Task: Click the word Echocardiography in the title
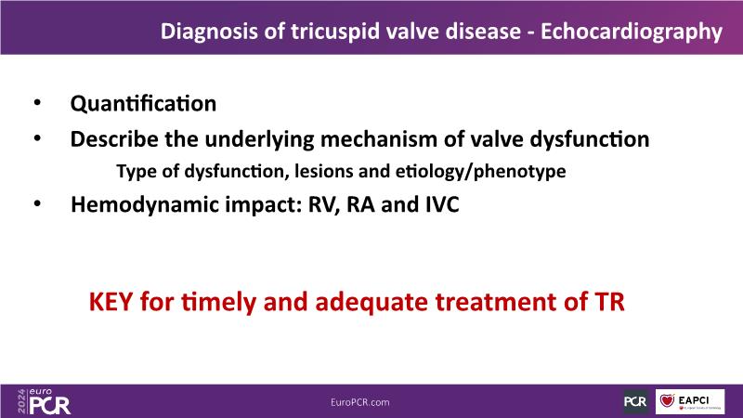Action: point(632,33)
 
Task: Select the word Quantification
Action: point(143,104)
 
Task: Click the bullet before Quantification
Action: point(37,103)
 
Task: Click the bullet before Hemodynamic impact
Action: point(37,203)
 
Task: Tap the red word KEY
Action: point(111,302)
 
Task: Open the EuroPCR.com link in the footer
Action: point(360,402)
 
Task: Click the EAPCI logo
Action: point(690,402)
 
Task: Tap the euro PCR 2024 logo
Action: point(44,402)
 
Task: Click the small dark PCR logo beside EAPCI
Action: point(635,402)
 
